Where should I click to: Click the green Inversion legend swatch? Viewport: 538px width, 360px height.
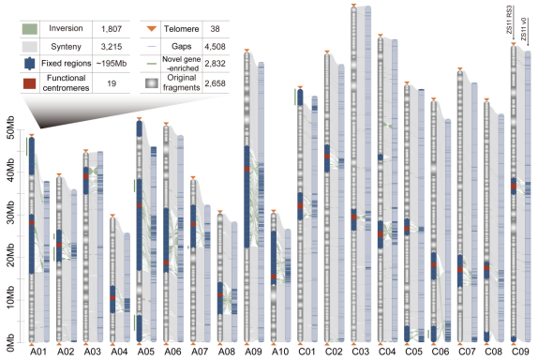tap(29, 29)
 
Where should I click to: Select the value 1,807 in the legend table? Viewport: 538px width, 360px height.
tap(112, 29)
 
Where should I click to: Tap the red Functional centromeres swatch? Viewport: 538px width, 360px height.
tap(29, 83)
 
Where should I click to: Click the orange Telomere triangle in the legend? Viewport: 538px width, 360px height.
tap(151, 28)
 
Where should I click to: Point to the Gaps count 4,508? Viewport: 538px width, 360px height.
tap(216, 46)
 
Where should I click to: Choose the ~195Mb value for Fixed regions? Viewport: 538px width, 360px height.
tap(112, 64)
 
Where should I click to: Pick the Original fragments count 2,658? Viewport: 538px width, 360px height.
tap(216, 83)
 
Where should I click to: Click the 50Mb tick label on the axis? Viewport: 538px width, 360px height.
tap(10, 127)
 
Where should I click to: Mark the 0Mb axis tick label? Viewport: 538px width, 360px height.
tap(10, 342)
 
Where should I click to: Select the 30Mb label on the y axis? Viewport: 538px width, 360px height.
tap(10, 214)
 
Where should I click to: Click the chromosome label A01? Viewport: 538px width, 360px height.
tap(37, 352)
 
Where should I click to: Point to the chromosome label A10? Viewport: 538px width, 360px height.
tap(279, 352)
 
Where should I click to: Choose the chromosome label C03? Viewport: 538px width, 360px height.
tap(360, 352)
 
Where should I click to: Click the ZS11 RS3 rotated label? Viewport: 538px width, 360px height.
tap(510, 19)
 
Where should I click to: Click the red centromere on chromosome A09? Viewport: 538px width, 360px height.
tap(247, 169)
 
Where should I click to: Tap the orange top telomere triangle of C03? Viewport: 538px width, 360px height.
tap(353, 5)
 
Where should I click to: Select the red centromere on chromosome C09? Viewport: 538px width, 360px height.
tap(514, 187)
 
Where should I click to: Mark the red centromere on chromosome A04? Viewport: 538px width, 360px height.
tap(112, 298)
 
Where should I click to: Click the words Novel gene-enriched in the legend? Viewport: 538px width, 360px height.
tap(182, 64)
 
